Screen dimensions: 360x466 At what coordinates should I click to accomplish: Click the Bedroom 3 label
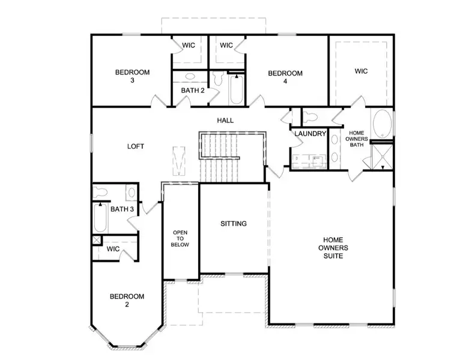point(132,76)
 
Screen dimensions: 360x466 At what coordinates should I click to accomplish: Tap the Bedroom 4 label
point(285,77)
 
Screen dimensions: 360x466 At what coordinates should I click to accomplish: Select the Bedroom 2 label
point(127,300)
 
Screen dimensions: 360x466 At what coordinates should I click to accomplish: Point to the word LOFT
point(136,146)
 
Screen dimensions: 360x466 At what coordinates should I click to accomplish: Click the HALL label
point(225,121)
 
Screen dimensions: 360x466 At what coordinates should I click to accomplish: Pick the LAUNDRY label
point(310,134)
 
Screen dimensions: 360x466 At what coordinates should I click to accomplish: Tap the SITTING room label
point(234,224)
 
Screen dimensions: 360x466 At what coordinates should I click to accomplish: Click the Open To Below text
point(181,238)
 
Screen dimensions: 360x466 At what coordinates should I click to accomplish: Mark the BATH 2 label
point(193,91)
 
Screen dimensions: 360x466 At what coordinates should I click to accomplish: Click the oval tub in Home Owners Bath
point(381,124)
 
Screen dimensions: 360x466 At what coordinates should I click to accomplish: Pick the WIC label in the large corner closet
point(360,71)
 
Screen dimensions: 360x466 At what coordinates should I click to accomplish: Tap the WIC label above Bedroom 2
point(113,248)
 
